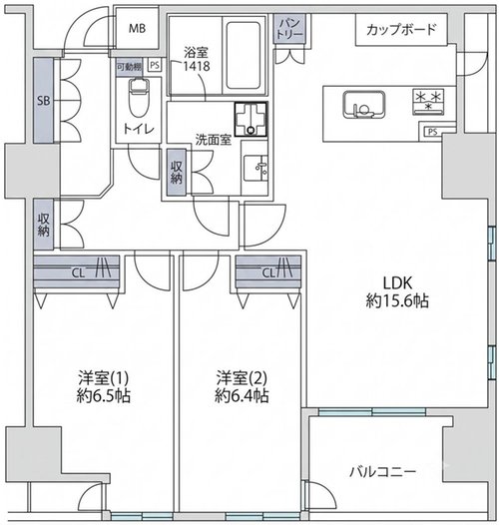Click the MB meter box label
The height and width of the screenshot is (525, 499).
(x=138, y=29)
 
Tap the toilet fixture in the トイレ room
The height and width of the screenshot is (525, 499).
(x=138, y=97)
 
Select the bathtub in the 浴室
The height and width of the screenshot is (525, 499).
(x=244, y=55)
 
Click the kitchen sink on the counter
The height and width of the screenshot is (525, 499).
(x=363, y=104)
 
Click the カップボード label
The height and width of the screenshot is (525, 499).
(x=401, y=30)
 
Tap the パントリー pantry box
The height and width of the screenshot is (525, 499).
(x=290, y=29)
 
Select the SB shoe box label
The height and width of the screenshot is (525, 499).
(x=44, y=101)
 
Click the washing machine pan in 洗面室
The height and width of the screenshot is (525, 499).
(x=250, y=119)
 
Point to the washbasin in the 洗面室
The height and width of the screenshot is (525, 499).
(x=255, y=168)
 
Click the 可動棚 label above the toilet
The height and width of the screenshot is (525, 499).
(x=130, y=67)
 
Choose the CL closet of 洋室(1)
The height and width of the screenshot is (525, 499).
(x=77, y=271)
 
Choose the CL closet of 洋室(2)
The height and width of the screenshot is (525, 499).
(x=268, y=271)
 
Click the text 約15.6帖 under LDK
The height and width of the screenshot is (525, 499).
(x=397, y=301)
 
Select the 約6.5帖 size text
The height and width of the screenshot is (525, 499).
(x=104, y=396)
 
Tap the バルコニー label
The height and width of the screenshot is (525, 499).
(x=383, y=472)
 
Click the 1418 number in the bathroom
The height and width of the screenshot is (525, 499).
(x=197, y=66)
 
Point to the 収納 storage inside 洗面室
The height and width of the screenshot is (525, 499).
(x=177, y=172)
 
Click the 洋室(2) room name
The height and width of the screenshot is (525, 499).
(x=242, y=378)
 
